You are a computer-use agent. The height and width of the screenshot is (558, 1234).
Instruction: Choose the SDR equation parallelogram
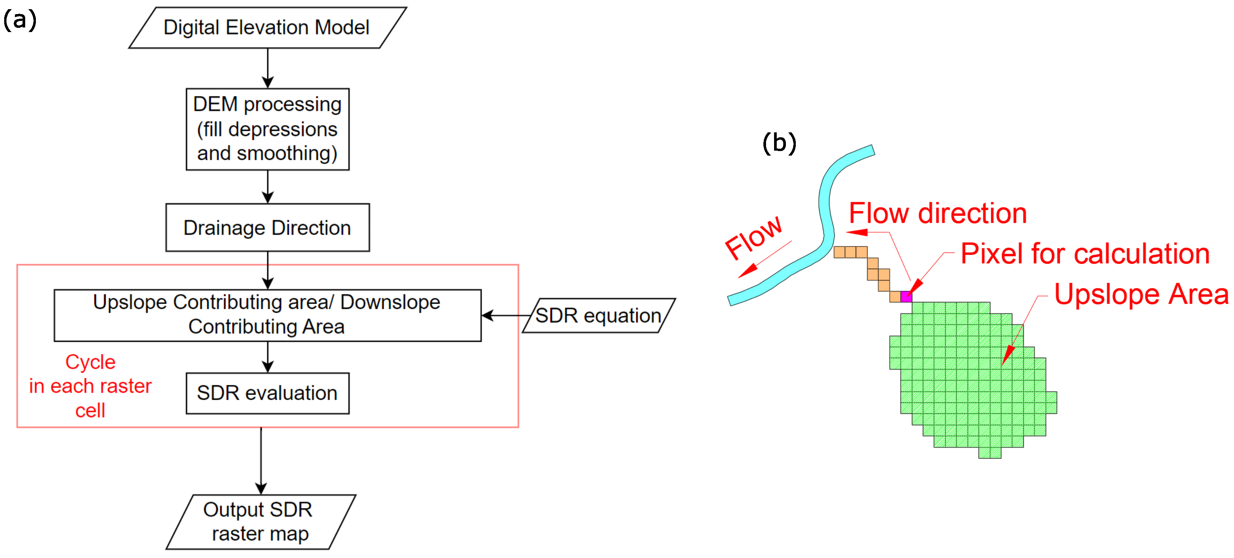click(x=599, y=315)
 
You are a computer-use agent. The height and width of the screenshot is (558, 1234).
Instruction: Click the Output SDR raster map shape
click(x=261, y=522)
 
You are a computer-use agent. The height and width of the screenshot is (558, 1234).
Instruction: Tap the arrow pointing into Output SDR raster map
click(x=261, y=461)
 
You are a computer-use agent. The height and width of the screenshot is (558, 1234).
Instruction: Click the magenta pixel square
click(x=906, y=297)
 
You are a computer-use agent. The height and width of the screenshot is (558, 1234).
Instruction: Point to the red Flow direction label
click(x=938, y=214)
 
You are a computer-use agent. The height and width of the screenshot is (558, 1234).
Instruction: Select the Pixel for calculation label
click(x=1086, y=254)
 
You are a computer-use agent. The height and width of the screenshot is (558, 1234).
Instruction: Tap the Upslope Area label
click(x=1142, y=294)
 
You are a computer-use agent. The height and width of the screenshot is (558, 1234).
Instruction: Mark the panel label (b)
click(x=779, y=143)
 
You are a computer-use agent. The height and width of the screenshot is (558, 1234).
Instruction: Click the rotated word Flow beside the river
click(x=753, y=237)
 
